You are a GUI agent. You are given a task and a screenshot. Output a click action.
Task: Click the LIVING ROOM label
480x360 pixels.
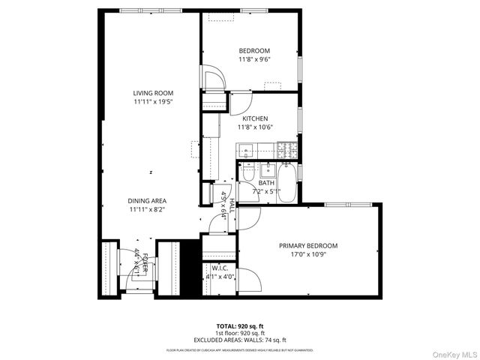(x=153, y=93)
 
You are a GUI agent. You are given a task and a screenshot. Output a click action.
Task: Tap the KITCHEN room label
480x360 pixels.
(x=254, y=118)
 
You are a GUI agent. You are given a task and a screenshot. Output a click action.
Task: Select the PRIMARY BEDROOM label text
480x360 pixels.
(x=307, y=246)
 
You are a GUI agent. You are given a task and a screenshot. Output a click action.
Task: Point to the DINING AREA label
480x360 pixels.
(x=146, y=201)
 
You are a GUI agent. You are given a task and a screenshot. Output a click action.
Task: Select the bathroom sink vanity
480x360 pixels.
(x=268, y=167)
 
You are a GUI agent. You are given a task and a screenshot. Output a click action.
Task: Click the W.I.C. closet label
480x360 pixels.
(x=220, y=268)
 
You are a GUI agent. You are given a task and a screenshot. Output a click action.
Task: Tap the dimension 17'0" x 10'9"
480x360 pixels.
(x=307, y=255)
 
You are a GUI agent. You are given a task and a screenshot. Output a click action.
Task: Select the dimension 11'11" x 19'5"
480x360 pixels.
(x=153, y=102)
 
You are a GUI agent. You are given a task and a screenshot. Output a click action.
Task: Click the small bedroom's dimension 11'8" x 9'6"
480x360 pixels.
(x=254, y=59)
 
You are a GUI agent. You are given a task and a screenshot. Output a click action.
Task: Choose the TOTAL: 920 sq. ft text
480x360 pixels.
(x=240, y=326)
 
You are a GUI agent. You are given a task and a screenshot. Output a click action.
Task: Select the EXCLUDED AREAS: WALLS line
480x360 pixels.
(x=240, y=340)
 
